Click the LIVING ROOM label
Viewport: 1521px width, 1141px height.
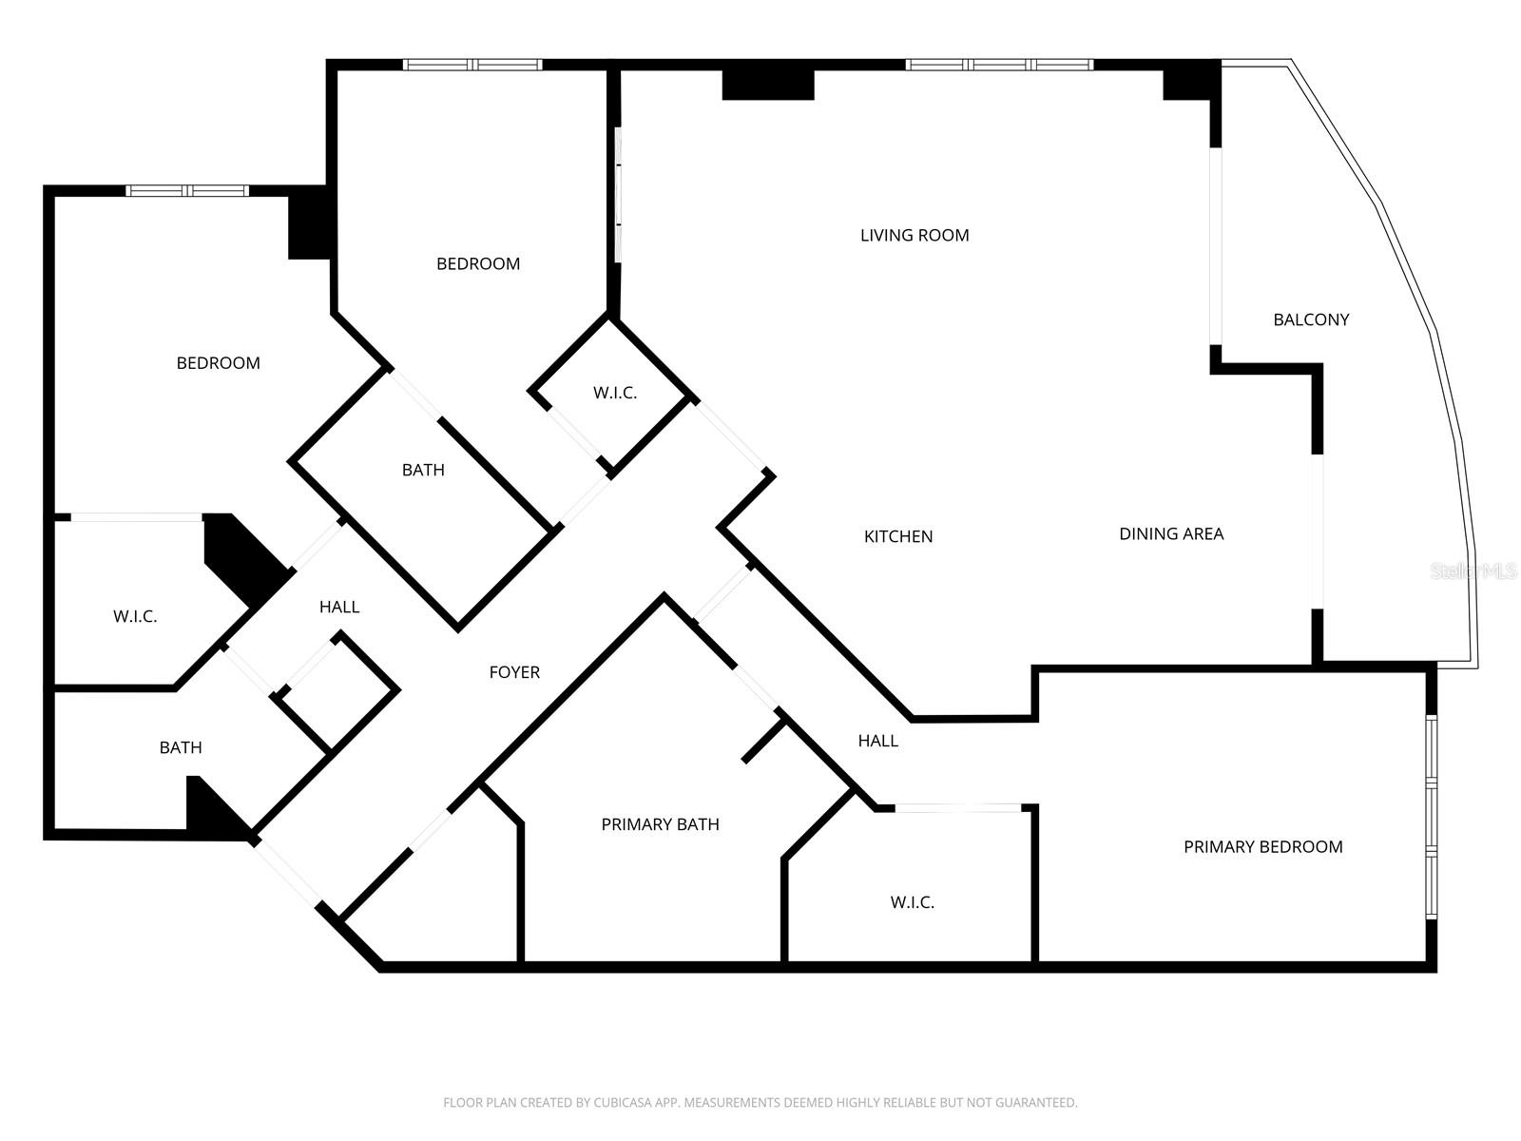[915, 235]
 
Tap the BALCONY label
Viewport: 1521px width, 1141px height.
[1311, 319]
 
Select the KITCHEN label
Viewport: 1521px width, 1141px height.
[897, 536]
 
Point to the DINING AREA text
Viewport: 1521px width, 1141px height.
[1170, 533]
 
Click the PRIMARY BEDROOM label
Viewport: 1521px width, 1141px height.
[1262, 846]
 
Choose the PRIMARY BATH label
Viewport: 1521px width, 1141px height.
[660, 824]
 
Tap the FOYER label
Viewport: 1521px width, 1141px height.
[514, 672]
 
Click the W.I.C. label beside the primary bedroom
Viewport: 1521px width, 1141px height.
[912, 902]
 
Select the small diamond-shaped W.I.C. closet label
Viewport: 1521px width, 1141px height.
[614, 393]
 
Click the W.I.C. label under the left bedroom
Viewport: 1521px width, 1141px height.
[135, 616]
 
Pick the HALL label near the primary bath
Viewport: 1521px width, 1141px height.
[877, 741]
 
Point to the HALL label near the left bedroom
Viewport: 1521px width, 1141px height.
[338, 607]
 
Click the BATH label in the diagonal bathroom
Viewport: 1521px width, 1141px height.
[423, 470]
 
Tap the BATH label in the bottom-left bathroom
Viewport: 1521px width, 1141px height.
[180, 747]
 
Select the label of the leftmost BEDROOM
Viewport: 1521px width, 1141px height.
[218, 362]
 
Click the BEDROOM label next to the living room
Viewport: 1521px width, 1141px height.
[477, 263]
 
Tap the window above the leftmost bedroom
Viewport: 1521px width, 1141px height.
[187, 191]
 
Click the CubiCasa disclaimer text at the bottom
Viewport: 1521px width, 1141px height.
[760, 1103]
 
